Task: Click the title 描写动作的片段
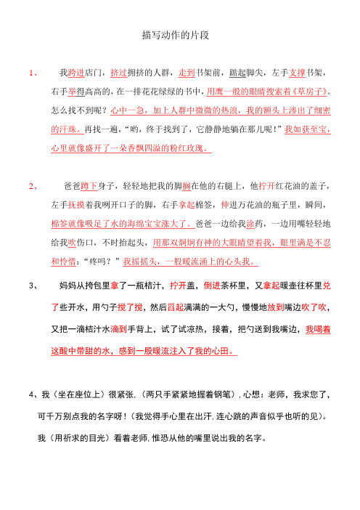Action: [179, 35]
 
